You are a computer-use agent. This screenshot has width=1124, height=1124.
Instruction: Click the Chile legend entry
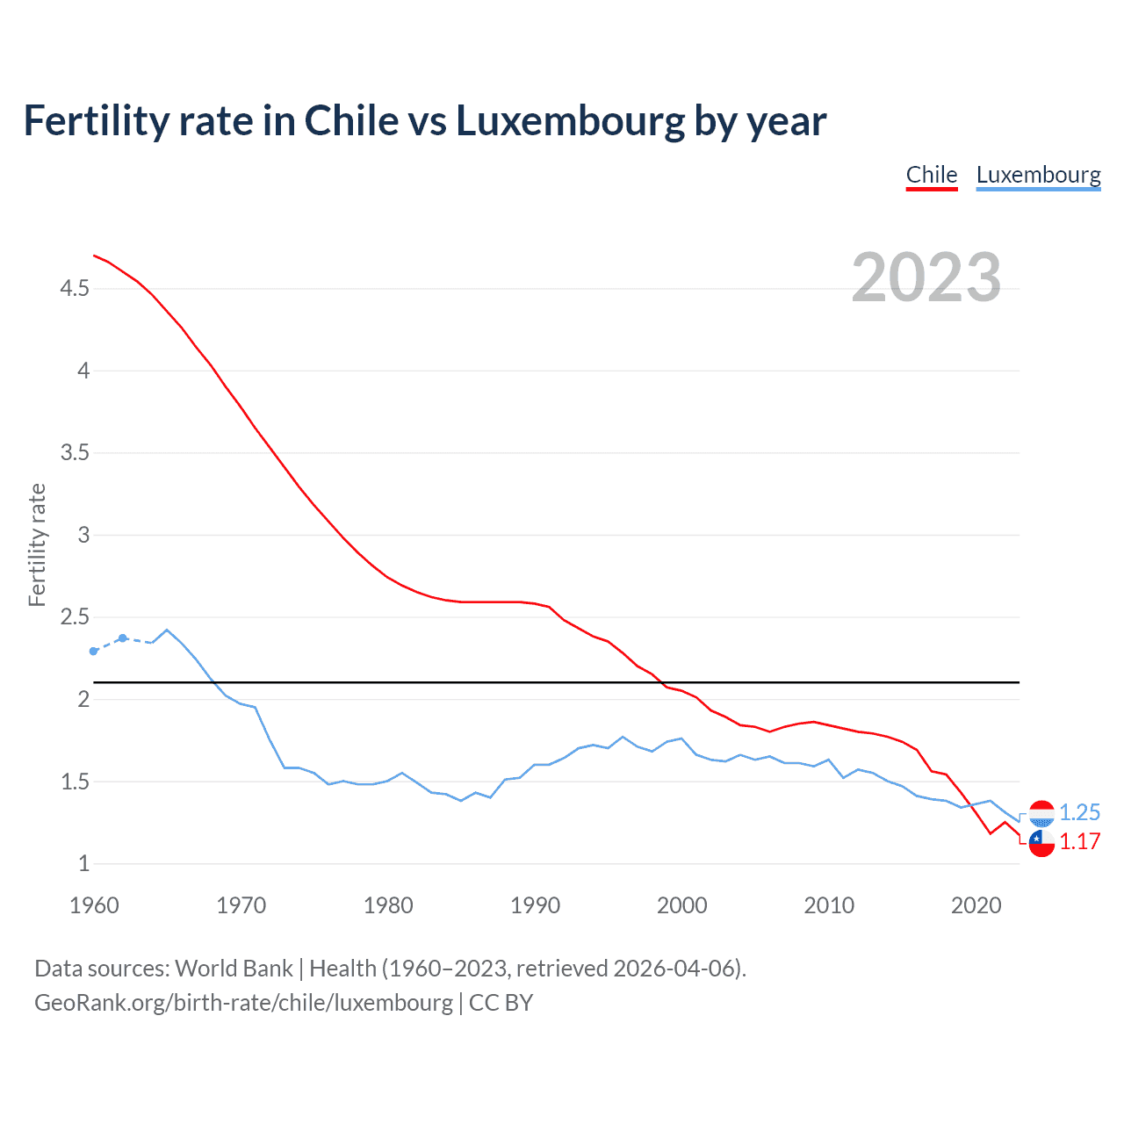931,175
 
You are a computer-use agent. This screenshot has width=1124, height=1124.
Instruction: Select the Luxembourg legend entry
1038,175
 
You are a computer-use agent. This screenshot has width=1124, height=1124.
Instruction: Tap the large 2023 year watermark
926,277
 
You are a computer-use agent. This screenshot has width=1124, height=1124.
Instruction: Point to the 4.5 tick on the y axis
75,289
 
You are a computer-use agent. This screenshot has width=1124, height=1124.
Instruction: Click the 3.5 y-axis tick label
75,453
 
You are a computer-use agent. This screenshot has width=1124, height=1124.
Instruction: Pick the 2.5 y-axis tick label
75,617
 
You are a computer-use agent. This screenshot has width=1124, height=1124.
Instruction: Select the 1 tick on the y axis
83,864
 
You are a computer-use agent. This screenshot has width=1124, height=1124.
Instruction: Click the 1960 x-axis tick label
94,905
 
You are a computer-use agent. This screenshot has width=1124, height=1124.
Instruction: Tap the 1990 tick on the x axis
535,905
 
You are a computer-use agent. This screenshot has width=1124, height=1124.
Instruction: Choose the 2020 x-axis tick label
976,905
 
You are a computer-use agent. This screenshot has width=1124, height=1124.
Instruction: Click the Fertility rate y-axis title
37,544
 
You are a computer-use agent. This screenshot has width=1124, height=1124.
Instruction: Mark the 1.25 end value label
1079,812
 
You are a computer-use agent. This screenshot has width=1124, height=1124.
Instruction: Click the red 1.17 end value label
1079,841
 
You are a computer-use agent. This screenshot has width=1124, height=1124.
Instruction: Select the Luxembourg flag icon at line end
1041,814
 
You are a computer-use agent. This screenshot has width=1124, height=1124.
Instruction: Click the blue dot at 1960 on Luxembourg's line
94,652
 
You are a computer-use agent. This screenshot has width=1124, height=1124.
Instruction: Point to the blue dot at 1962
123,638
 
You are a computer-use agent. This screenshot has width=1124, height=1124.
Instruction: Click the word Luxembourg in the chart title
570,121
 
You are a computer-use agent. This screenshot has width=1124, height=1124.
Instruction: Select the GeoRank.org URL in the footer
243,1003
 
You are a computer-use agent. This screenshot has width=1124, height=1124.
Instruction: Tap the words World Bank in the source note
234,969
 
